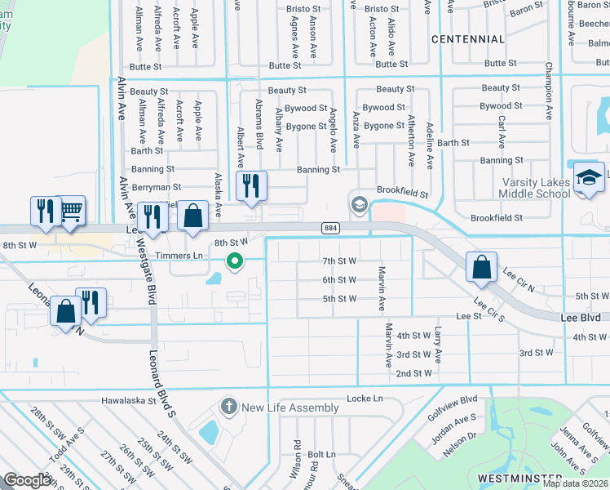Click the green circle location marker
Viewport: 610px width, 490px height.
click(235, 261)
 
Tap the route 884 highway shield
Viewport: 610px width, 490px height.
click(329, 228)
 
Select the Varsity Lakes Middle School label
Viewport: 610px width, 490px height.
click(535, 186)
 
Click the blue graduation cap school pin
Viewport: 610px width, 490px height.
click(589, 179)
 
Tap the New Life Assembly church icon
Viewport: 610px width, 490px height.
click(229, 407)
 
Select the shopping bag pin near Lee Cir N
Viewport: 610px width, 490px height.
click(481, 267)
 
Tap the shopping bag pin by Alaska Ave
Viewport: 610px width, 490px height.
click(192, 217)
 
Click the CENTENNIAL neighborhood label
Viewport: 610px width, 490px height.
click(467, 39)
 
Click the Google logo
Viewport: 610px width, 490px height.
click(27, 480)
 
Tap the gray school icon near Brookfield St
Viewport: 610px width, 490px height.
click(357, 203)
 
